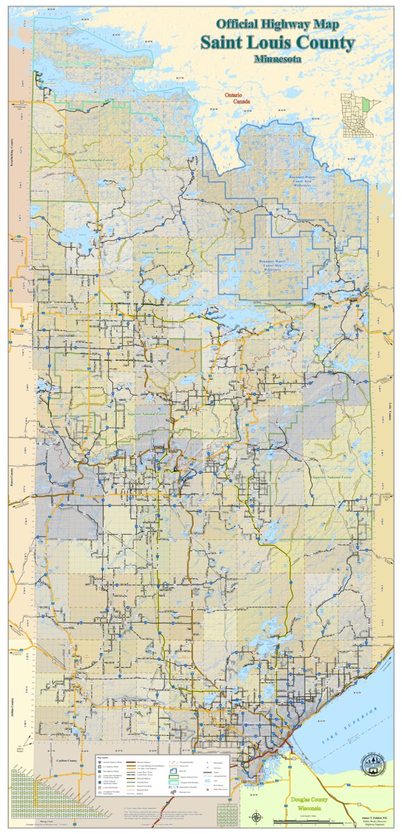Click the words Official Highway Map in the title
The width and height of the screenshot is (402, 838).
278,25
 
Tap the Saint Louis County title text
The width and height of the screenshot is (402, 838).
278,42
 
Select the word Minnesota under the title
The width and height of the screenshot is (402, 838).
278,58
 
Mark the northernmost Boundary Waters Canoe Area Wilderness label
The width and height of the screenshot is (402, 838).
303,181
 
